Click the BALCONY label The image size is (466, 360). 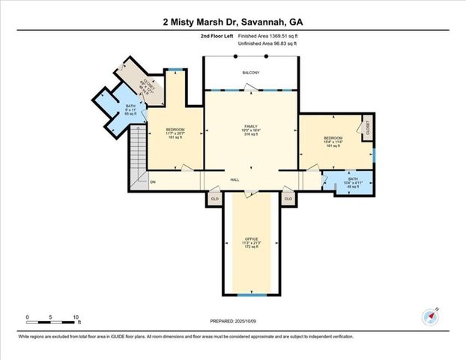tap(250, 73)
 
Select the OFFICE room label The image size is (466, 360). tap(251, 242)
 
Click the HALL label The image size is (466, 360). tap(234, 181)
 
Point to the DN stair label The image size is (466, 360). tap(152, 181)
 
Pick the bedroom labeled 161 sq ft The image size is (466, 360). tap(332, 142)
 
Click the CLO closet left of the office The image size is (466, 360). tap(214, 199)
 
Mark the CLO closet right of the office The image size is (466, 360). tap(288, 199)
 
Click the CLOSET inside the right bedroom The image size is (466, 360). tap(367, 128)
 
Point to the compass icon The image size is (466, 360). tap(429, 316)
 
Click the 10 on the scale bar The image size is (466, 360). tap(76, 316)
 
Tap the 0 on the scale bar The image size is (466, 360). tap(27, 316)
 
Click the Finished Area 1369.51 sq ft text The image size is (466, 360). tap(267, 35)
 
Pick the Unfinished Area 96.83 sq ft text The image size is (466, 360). tap(267, 44)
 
